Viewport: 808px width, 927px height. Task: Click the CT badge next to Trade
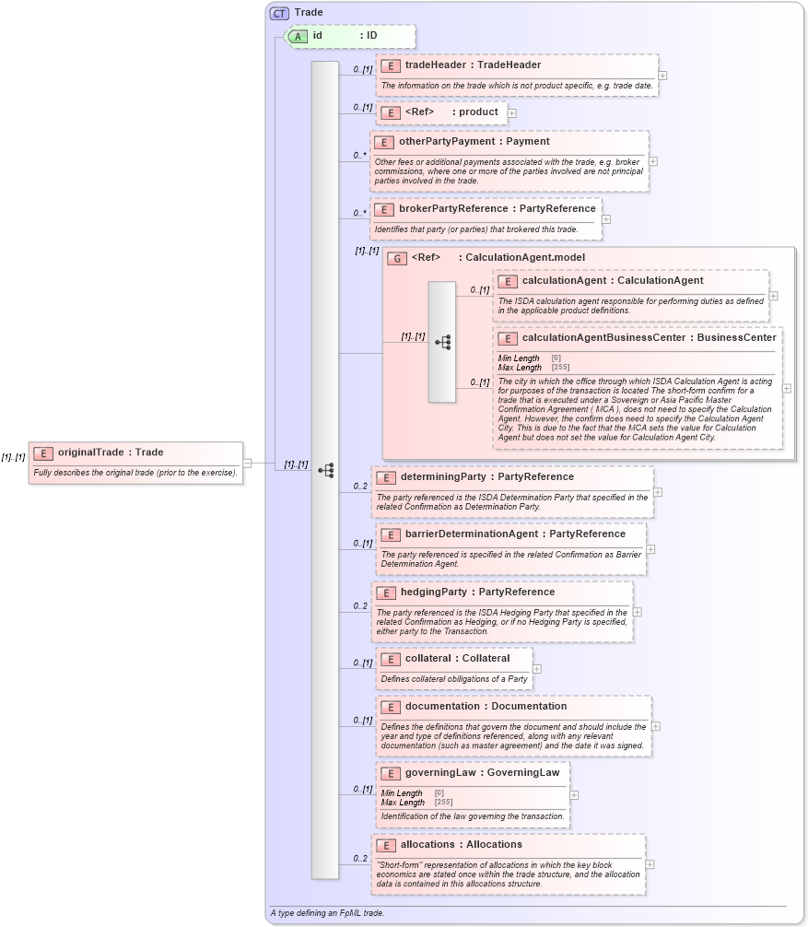coord(279,13)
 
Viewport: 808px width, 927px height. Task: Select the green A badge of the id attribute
coord(298,36)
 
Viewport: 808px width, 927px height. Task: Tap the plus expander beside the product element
coord(512,112)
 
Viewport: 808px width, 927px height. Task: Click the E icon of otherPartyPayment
coord(384,142)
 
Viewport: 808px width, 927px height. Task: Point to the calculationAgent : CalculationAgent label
coord(613,280)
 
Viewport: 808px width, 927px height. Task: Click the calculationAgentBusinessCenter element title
coord(649,337)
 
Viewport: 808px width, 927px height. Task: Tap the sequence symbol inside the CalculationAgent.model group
coord(442,342)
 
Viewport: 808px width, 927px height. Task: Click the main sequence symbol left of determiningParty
coord(325,470)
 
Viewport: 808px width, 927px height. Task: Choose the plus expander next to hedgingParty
coord(638,612)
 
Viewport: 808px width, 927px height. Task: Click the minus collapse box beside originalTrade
coord(247,463)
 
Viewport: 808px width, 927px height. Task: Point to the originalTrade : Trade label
coord(111,452)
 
